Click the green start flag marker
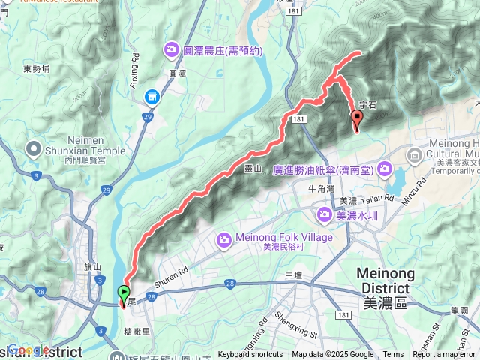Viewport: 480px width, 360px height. [x=124, y=293]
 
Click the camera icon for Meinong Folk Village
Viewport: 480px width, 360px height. [x=223, y=240]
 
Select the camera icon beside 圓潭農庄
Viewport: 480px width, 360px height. [x=171, y=51]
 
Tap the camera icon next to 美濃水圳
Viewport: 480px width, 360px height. [x=325, y=216]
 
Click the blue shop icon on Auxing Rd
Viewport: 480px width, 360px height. [x=153, y=97]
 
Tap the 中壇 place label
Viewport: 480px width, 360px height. [x=294, y=275]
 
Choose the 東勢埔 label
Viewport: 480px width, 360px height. [x=36, y=68]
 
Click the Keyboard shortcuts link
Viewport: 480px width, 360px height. [x=250, y=355]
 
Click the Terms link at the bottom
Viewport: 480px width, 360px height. [x=393, y=355]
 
